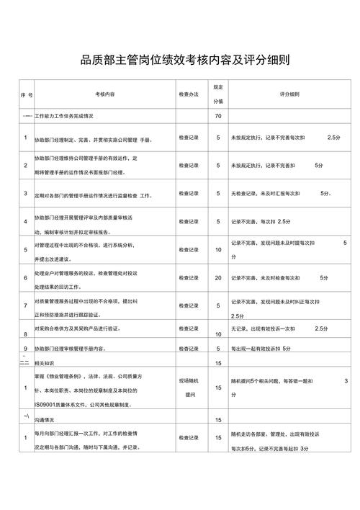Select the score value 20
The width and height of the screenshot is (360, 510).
218,278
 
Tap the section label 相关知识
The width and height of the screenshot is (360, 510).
46,363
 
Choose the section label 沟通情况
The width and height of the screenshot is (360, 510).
46,419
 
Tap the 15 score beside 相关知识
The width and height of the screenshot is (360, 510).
218,363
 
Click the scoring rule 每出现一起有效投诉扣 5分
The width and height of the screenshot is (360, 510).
261,349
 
